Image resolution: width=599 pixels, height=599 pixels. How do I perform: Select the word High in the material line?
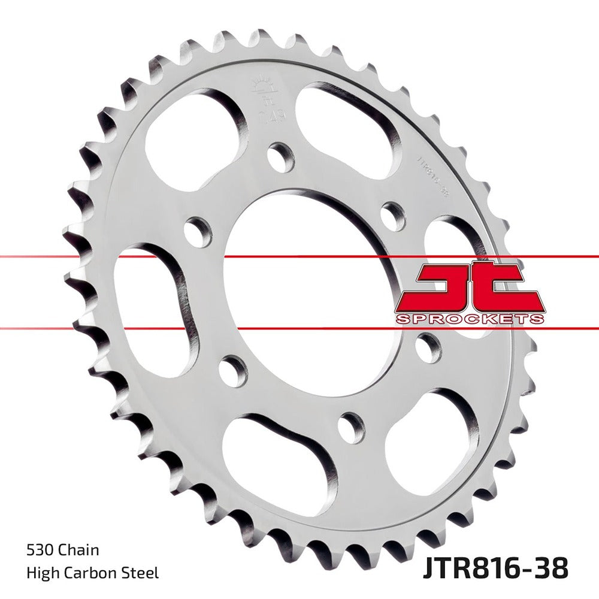pos(41,573)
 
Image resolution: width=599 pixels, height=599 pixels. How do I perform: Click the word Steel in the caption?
pos(141,573)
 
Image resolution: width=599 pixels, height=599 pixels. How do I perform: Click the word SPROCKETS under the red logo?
pos(470,318)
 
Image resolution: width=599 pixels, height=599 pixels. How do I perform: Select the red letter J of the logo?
pos(443,287)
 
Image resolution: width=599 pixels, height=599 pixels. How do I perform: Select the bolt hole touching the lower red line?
pos(428,347)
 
